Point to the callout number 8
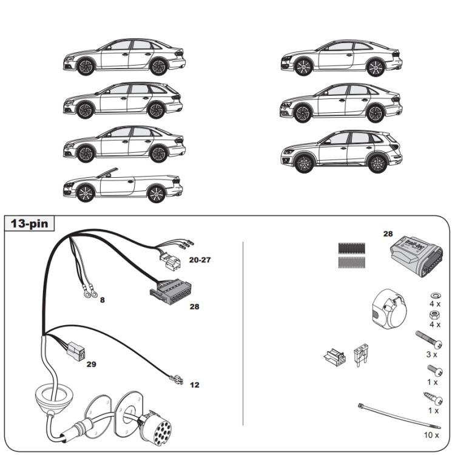click(x=102, y=300)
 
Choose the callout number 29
click(x=91, y=364)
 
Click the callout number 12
click(x=194, y=385)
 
